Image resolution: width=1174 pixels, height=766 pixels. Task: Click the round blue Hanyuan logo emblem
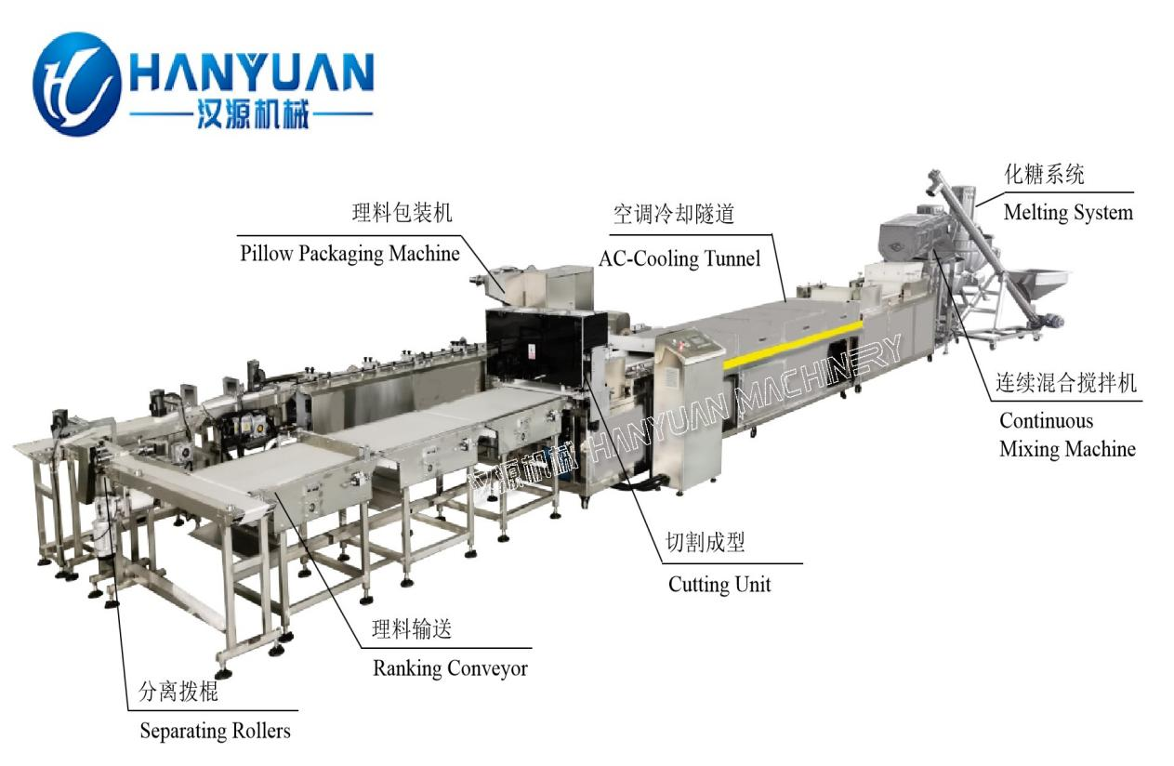coord(76,84)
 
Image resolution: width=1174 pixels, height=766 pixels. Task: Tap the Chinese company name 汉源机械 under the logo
coord(252,113)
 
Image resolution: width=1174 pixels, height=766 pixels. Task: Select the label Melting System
coord(1068,213)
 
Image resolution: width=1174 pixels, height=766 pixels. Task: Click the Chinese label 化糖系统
coord(1044,174)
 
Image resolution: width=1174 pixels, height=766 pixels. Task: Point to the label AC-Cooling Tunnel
coord(679,258)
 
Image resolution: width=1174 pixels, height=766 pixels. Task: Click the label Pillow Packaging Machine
coord(350,254)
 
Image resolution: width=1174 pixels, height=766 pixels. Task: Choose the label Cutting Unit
coord(719,584)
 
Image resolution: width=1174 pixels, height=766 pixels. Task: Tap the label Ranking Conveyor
coord(450,668)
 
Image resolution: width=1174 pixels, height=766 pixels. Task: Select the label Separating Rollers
coord(215,731)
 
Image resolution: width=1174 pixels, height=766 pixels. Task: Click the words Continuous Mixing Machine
coord(1067,435)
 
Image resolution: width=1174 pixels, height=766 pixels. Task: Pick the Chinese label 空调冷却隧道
coord(674,214)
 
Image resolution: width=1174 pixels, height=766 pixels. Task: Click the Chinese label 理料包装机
coord(402,213)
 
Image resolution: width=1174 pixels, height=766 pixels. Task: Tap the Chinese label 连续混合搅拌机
coord(1066,383)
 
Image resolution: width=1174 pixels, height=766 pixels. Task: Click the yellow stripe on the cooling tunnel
coord(794,342)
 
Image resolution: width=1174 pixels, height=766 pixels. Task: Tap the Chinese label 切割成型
coord(705,542)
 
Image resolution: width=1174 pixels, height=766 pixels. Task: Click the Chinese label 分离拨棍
coord(178,691)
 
